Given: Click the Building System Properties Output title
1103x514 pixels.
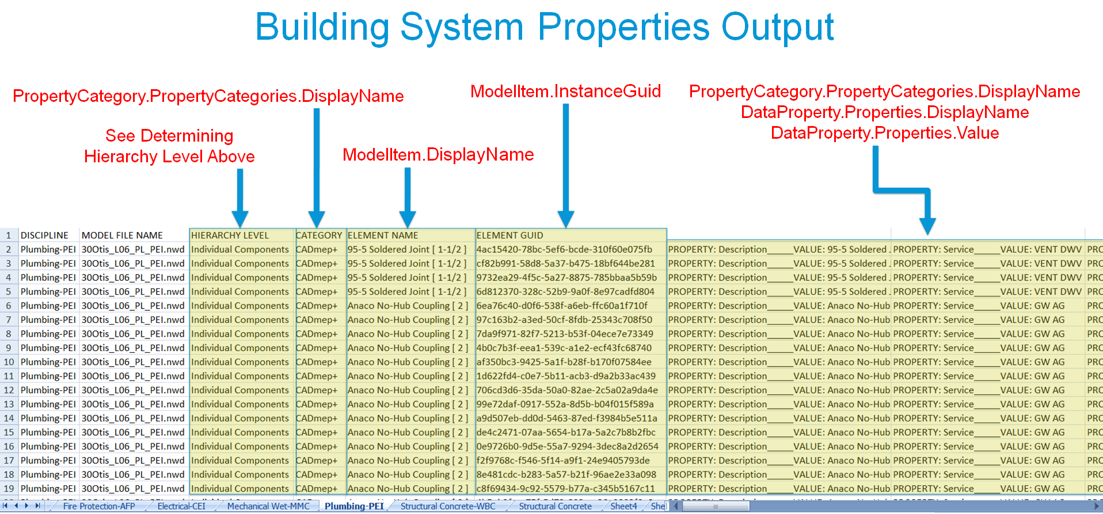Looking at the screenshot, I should click(544, 27).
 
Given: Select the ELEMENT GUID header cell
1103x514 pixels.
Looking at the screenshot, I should click(509, 235).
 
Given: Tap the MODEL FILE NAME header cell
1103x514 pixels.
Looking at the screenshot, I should click(122, 235).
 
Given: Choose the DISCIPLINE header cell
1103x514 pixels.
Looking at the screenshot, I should click(44, 235).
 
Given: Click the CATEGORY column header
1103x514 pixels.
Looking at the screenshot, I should click(319, 235).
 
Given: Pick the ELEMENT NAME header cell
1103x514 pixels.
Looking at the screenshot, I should click(383, 235).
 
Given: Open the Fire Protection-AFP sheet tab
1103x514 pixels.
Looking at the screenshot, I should click(99, 507).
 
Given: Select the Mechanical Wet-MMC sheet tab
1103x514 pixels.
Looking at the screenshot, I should click(268, 507).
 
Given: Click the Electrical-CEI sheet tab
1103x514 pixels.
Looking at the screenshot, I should click(181, 507).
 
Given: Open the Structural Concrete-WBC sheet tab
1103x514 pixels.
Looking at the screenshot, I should click(448, 507).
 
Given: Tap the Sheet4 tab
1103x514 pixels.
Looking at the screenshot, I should click(623, 507).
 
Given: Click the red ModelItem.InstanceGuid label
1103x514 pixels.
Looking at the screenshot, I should click(565, 92).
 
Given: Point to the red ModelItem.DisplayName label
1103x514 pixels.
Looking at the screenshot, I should click(438, 155).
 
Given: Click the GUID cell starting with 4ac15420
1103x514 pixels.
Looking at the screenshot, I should click(564, 250).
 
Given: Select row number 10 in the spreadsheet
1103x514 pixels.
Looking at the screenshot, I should click(9, 362).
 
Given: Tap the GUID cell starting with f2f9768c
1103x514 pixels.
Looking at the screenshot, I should click(563, 460).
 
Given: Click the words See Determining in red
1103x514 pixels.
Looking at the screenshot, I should click(169, 136).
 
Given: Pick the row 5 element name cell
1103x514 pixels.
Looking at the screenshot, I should click(406, 292).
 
